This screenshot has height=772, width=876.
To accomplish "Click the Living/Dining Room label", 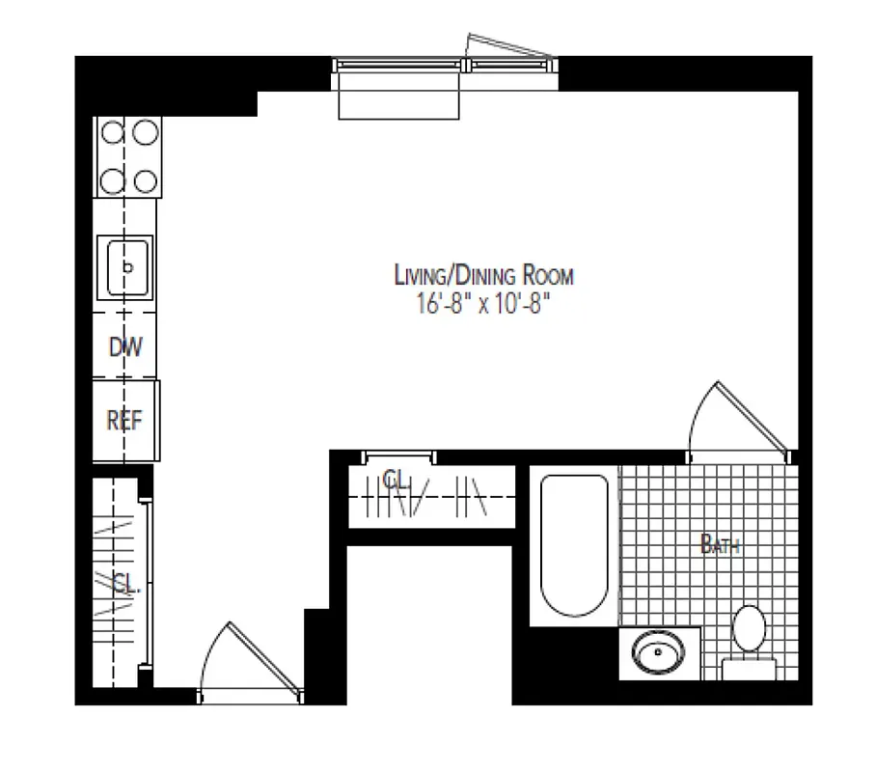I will pyautogui.click(x=483, y=276).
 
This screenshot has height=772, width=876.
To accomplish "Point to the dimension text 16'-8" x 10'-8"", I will pyautogui.click(x=483, y=305).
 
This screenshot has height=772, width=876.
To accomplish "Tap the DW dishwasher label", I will pyautogui.click(x=125, y=345).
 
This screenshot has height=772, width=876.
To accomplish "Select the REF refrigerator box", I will pyautogui.click(x=125, y=421).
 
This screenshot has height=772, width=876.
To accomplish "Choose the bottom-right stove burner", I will pyautogui.click(x=145, y=179).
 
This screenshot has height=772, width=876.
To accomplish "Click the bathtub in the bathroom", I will pyautogui.click(x=573, y=545).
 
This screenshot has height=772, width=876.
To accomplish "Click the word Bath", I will pyautogui.click(x=721, y=545).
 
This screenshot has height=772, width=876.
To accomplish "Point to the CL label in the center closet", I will pyautogui.click(x=394, y=480).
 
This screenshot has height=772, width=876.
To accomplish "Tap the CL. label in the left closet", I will pyautogui.click(x=123, y=583).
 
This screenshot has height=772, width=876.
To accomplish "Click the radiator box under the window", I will pyautogui.click(x=398, y=96).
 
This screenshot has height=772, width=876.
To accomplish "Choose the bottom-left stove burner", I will pyautogui.click(x=111, y=179).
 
